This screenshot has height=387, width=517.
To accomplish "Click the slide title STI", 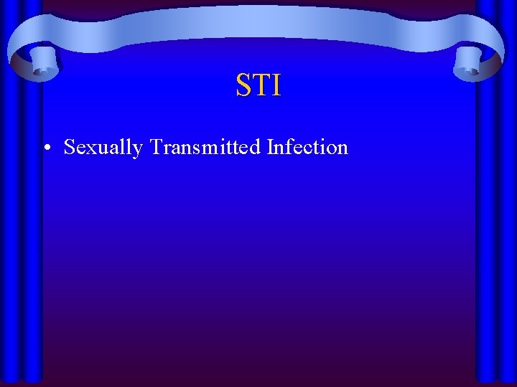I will (x=258, y=85).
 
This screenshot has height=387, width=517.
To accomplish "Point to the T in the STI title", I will (x=260, y=85).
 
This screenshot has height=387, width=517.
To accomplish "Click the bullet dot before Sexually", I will (x=46, y=149).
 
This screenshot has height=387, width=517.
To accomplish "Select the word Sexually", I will (x=103, y=148).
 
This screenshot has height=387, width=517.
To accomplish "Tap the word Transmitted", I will (x=205, y=147).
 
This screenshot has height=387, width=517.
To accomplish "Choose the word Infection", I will (x=307, y=147).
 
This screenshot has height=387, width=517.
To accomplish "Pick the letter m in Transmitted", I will (x=208, y=149).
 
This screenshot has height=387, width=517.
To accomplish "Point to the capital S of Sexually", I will (x=70, y=147).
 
